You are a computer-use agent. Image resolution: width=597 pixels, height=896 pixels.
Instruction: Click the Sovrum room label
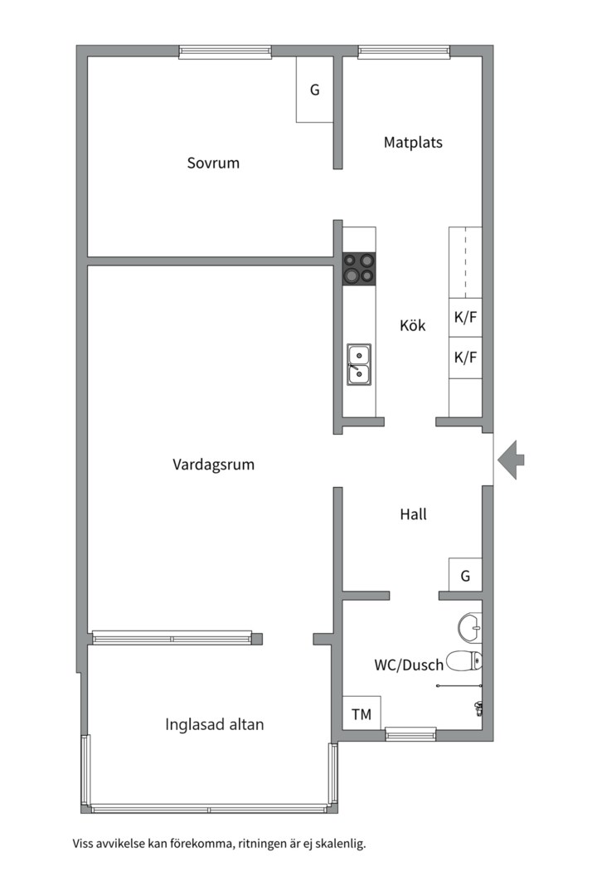[213, 163]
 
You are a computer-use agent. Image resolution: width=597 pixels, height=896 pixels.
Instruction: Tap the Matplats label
[413, 142]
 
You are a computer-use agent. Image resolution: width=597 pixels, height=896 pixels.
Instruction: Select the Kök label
[412, 325]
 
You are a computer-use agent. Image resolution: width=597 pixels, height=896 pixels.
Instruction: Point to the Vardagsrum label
[213, 465]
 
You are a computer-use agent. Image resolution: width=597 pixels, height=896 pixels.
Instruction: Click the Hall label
[413, 514]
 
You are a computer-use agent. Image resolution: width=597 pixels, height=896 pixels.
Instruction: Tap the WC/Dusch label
[408, 664]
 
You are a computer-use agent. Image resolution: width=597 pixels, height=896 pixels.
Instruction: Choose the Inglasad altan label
[214, 724]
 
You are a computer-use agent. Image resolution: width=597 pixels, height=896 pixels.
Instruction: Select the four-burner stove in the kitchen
[359, 268]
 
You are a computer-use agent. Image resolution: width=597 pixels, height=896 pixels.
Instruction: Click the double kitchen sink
[359, 365]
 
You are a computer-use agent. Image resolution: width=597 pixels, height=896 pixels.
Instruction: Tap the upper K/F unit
[465, 317]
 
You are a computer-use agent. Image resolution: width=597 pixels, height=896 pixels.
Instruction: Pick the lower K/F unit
[465, 358]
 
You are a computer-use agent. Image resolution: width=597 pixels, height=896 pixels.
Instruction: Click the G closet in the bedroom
[315, 90]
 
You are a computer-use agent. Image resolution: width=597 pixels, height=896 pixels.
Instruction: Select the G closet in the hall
[465, 575]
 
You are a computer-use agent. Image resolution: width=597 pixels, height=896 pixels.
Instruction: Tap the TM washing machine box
[362, 714]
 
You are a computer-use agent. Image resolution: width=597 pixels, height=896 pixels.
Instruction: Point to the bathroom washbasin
[469, 627]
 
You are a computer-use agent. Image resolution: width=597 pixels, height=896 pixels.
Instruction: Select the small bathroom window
[410, 733]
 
